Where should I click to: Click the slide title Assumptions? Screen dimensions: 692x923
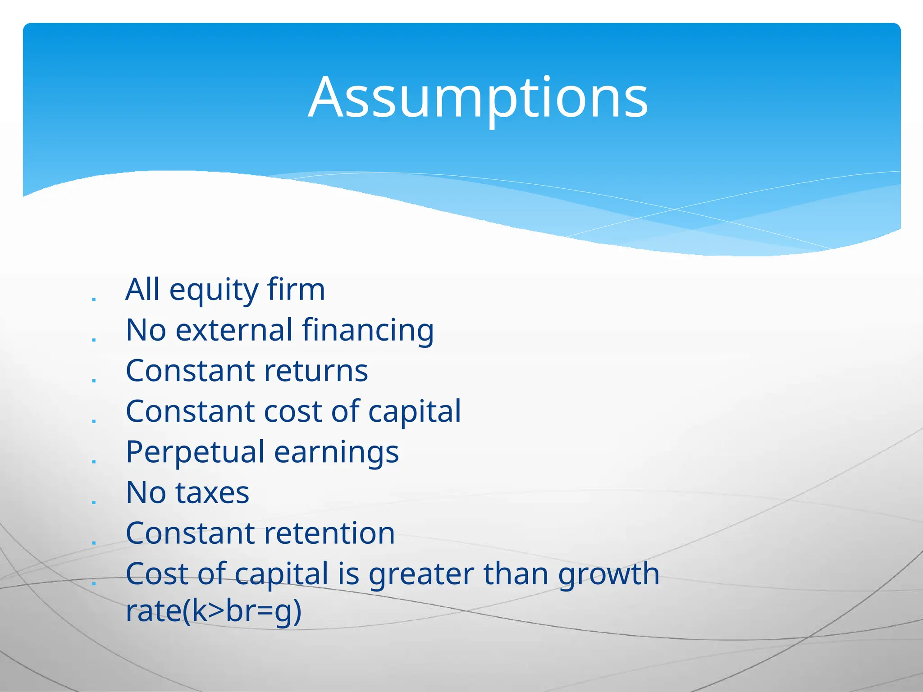(478, 98)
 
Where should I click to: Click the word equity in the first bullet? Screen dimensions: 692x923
(214, 291)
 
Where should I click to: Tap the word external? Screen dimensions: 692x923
(233, 330)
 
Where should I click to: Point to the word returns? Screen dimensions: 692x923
(316, 371)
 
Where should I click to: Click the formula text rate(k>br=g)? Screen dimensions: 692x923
(213, 611)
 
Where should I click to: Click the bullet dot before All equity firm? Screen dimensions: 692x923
(94, 299)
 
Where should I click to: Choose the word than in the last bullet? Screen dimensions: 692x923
(516, 574)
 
